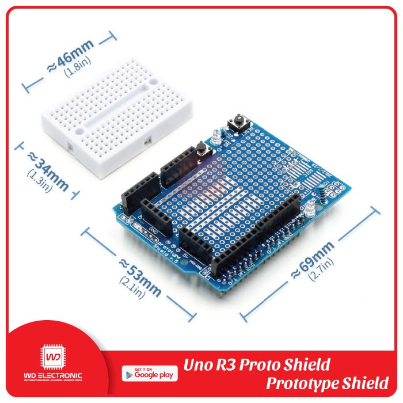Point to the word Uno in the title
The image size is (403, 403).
197,364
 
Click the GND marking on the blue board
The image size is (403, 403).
153,232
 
